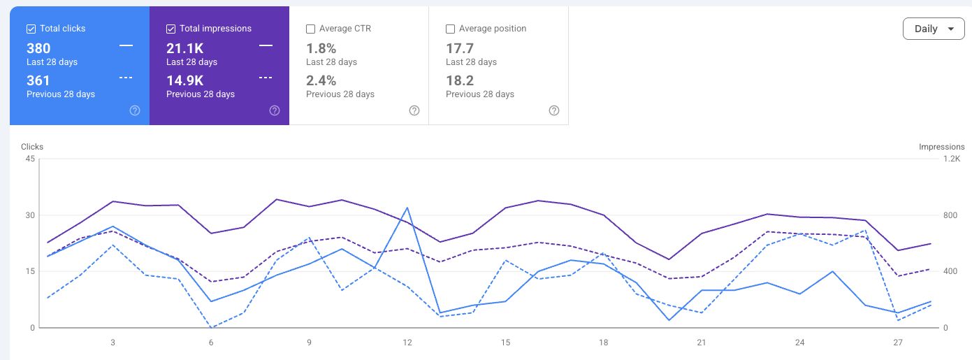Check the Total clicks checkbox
click(31, 29)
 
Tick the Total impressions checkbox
click(171, 29)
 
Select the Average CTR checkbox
click(310, 29)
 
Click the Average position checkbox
click(450, 29)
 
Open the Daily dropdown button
click(934, 29)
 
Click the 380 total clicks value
click(38, 48)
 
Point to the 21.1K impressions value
click(185, 48)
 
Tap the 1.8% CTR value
click(321, 48)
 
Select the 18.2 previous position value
click(460, 80)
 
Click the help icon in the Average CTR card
click(414, 110)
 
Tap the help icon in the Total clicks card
click(135, 110)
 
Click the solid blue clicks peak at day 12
click(407, 208)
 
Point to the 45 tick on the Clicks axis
click(30, 159)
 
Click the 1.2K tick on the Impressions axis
click(952, 159)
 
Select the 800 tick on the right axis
click(950, 215)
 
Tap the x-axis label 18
click(603, 343)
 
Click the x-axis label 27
click(898, 343)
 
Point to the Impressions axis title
click(942, 147)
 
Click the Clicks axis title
click(32, 147)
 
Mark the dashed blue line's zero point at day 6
click(211, 327)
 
